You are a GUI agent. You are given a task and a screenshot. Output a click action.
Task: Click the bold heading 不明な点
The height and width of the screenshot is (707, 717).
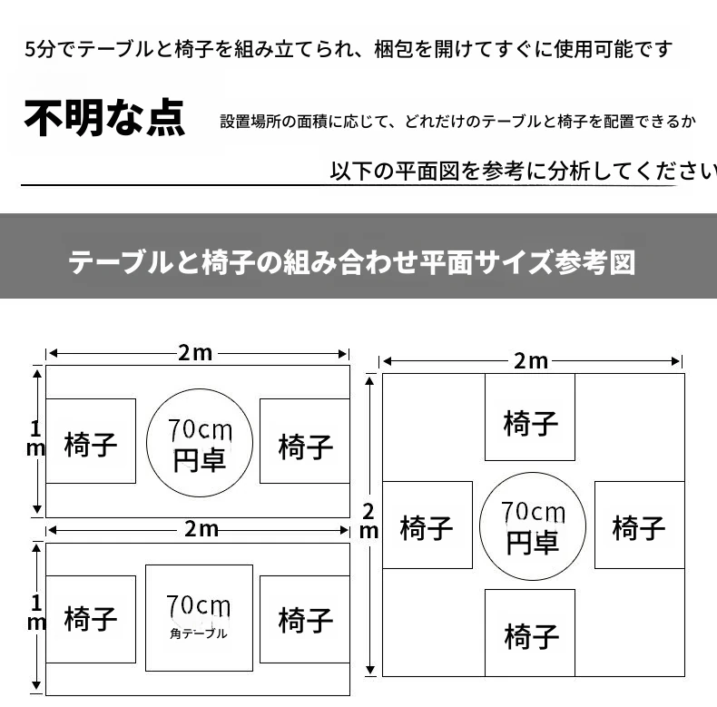click(x=104, y=117)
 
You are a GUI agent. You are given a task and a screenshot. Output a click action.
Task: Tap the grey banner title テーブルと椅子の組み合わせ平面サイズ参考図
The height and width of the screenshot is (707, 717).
click(x=351, y=262)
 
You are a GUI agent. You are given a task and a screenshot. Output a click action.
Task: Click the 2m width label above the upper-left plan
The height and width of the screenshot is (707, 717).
click(x=195, y=353)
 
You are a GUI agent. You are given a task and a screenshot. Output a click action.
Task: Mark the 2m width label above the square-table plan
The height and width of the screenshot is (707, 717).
click(x=201, y=529)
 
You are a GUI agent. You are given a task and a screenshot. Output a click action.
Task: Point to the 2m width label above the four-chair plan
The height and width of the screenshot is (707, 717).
click(x=531, y=361)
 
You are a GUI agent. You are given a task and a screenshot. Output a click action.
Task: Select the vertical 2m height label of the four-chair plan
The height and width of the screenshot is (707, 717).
click(x=368, y=522)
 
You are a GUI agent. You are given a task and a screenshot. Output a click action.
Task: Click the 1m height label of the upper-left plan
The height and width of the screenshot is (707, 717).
click(x=35, y=438)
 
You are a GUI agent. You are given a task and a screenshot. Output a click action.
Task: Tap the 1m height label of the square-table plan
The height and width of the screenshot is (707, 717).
click(x=36, y=613)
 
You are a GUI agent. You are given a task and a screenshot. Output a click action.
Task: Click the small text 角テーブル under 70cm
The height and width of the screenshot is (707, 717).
click(x=199, y=633)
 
